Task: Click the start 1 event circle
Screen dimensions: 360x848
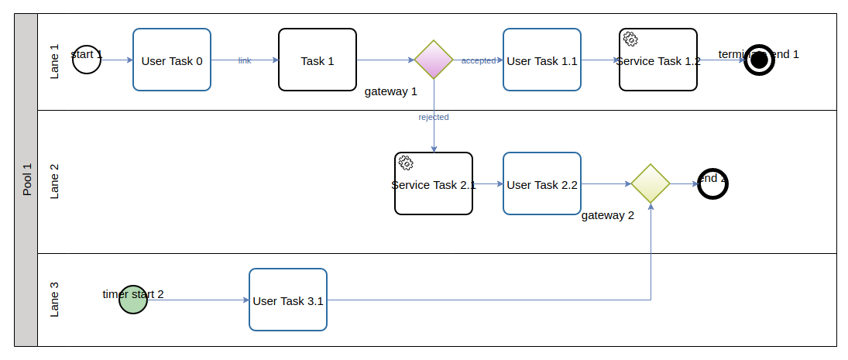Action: [x=87, y=60]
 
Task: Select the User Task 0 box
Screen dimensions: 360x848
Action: [x=172, y=60]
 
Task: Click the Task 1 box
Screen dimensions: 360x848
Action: [x=318, y=60]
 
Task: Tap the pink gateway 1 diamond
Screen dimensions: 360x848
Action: [x=434, y=60]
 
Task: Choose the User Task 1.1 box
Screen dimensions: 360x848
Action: [x=542, y=60]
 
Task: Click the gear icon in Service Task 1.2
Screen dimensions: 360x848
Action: [x=630, y=39]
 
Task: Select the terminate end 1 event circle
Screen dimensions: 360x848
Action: [x=759, y=60]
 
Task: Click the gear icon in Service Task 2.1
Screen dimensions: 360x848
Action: [x=406, y=163]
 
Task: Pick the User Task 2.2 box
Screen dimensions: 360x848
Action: [x=542, y=183]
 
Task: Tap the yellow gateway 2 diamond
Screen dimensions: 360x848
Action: [x=651, y=183]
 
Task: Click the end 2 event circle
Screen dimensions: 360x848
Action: [x=712, y=183]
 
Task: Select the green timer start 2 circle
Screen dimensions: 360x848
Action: [x=133, y=300]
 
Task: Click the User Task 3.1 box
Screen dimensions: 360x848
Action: [x=288, y=300]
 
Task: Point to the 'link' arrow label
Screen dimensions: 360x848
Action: [x=245, y=60]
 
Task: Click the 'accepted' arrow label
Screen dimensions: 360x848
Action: [x=479, y=60]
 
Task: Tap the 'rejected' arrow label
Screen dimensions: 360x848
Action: [x=434, y=117]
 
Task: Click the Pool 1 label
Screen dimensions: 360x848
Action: [x=27, y=180]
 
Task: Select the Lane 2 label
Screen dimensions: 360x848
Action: [x=54, y=181]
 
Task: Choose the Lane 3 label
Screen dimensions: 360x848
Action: [x=54, y=300]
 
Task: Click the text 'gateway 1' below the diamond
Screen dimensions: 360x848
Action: [x=391, y=91]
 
